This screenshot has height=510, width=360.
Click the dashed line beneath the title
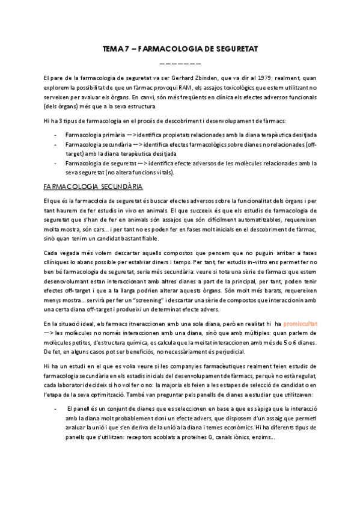pos(180,63)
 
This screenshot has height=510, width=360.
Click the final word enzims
pos(264,437)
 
